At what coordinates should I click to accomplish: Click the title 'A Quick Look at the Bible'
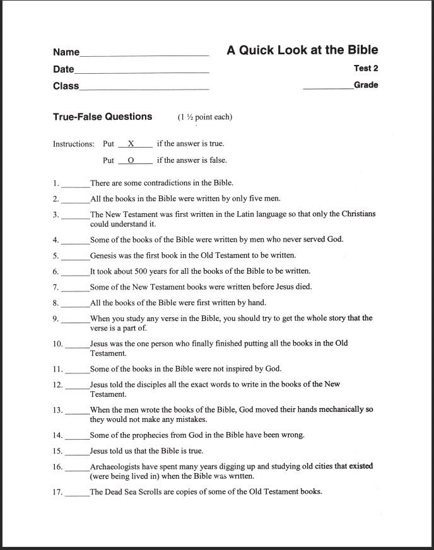click(x=302, y=50)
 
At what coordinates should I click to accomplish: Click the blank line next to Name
click(x=144, y=55)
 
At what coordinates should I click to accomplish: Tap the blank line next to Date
click(x=141, y=72)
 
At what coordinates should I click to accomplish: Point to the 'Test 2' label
click(x=366, y=69)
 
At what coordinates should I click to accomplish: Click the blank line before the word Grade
click(x=328, y=88)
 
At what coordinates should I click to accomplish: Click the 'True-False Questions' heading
click(x=102, y=117)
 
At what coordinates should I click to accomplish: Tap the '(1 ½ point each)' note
click(x=205, y=117)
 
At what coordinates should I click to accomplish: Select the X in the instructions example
click(x=131, y=144)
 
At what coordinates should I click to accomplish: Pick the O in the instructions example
click(x=131, y=160)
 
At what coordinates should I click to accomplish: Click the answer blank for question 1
click(x=76, y=185)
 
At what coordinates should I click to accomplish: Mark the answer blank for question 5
click(x=76, y=258)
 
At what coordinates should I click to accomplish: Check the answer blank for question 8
click(x=76, y=305)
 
